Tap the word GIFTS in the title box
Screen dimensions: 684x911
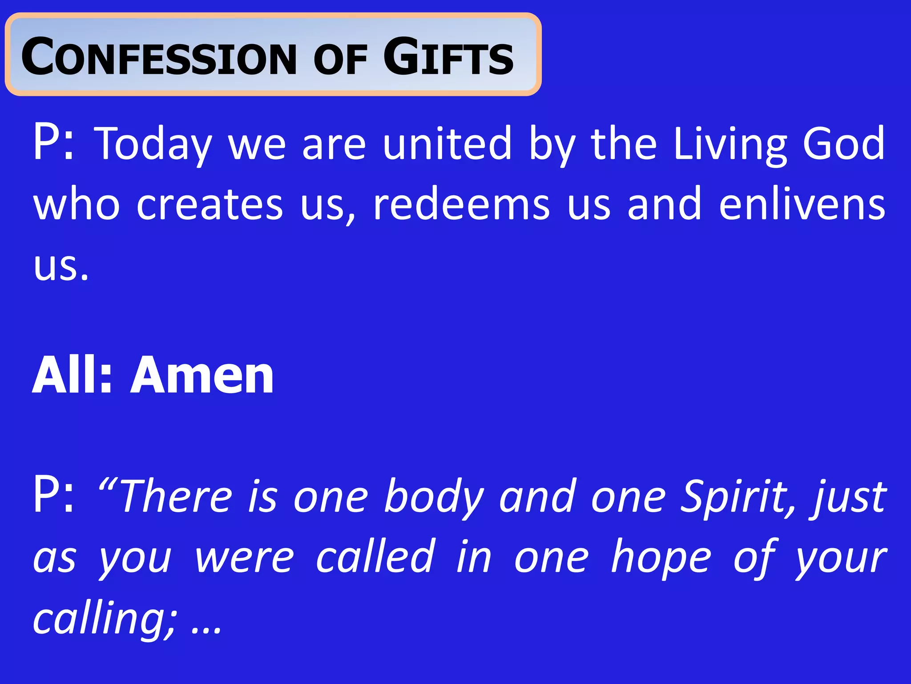coord(448,57)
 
